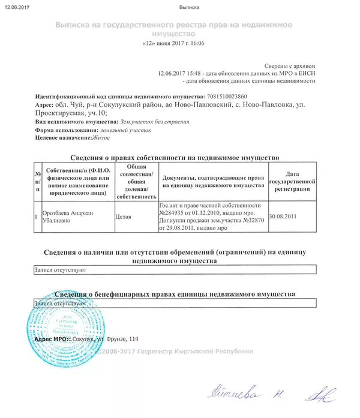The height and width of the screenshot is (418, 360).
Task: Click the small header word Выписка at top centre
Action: tap(189, 7)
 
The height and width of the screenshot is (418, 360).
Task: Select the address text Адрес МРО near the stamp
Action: tap(50, 339)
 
